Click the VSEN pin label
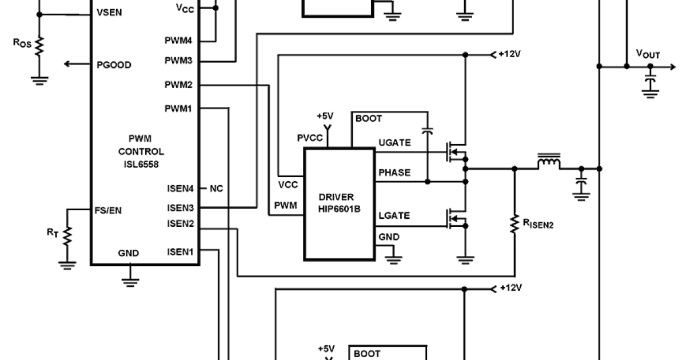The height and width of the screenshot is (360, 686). [x=110, y=12]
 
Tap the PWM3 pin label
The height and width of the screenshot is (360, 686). [x=178, y=61]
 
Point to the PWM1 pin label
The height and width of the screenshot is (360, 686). [x=178, y=109]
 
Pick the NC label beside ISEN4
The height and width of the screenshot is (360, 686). [x=216, y=188]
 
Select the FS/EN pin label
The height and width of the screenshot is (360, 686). [x=107, y=210]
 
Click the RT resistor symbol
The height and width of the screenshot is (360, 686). [x=67, y=234]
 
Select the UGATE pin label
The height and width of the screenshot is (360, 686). [x=394, y=143]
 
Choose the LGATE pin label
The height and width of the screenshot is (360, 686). [x=394, y=215]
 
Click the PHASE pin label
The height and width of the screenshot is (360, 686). [x=394, y=173]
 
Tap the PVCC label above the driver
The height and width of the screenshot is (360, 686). [x=310, y=138]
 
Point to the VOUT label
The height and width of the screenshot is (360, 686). [x=648, y=54]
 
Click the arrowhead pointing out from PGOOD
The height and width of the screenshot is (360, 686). [x=68, y=64]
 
